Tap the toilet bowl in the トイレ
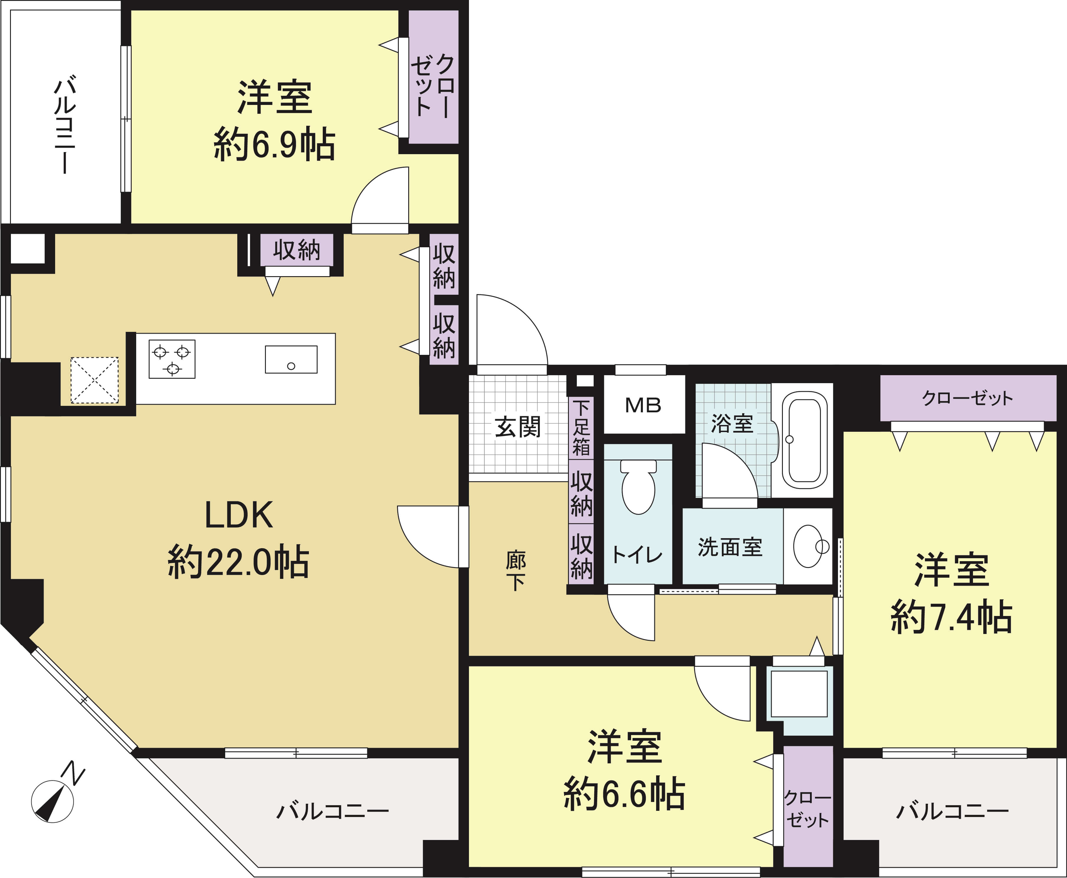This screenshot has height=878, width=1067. (x=638, y=487)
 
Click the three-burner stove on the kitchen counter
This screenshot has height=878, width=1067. (x=172, y=359)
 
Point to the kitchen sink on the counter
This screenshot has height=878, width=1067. (x=291, y=360)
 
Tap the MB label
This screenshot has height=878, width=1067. (x=643, y=405)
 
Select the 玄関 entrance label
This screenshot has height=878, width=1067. (x=517, y=427)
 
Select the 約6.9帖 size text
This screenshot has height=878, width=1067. (x=274, y=145)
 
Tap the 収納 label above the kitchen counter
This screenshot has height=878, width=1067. (x=297, y=250)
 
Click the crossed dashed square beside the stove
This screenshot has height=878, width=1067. (x=95, y=380)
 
